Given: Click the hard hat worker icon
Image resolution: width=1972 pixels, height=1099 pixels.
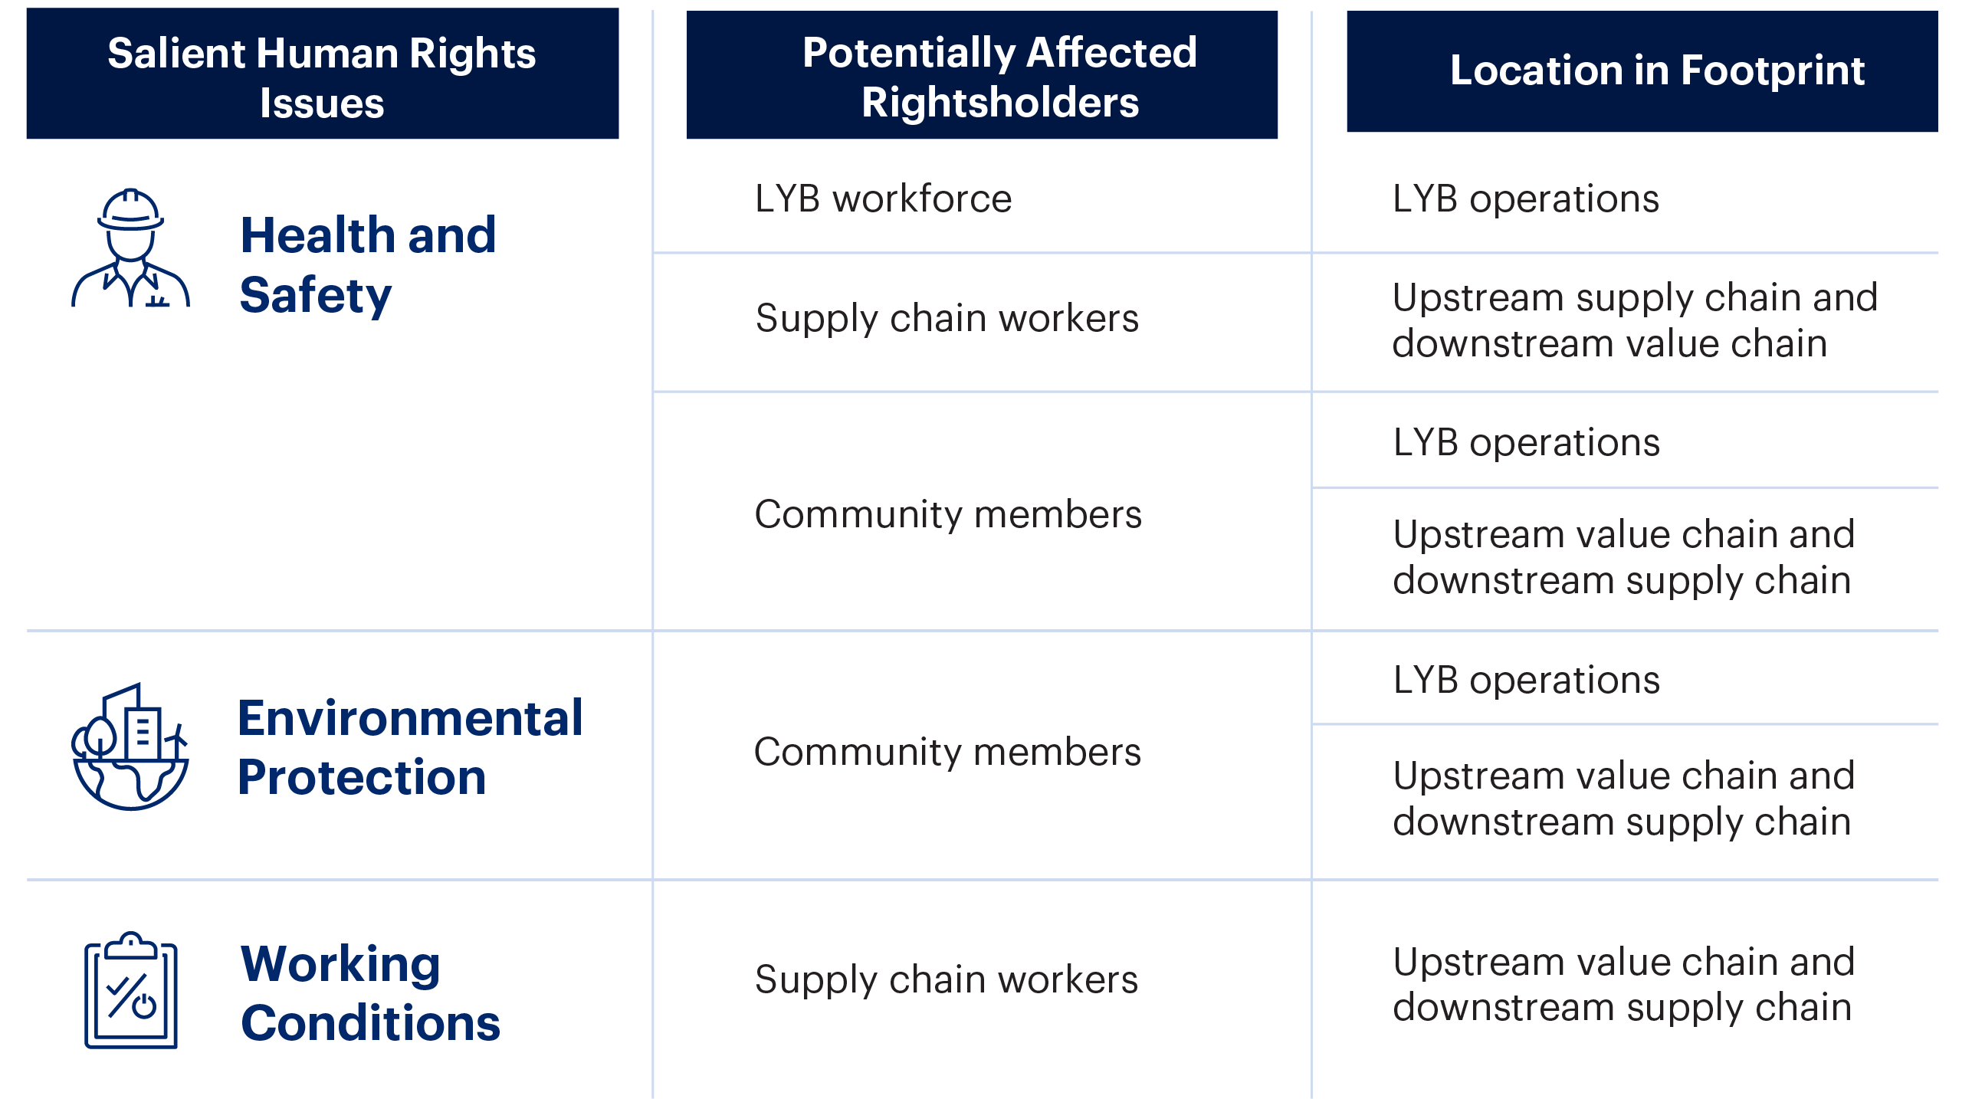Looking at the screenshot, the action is click(130, 248).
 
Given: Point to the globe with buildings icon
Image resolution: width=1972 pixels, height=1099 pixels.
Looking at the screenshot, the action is click(130, 746).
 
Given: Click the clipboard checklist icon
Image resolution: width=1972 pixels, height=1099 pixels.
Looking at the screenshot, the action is click(131, 989).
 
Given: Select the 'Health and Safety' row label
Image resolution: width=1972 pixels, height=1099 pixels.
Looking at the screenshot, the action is click(368, 265).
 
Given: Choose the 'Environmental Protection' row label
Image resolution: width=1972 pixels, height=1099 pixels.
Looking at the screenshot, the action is click(410, 747).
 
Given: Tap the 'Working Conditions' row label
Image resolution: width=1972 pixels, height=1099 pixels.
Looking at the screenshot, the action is click(370, 993).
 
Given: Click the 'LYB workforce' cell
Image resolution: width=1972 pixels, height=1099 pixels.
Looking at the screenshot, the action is click(883, 199).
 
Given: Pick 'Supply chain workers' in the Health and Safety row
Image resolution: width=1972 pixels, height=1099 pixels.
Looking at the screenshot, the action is click(947, 319).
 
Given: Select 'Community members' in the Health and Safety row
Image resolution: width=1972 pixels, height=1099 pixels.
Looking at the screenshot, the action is click(948, 514).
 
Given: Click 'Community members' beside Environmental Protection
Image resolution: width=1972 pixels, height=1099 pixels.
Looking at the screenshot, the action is click(947, 752).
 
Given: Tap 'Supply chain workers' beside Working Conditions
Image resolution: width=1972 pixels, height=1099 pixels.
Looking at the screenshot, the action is click(947, 980).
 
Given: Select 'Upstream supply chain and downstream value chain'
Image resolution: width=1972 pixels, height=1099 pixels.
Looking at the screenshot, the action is click(1635, 320).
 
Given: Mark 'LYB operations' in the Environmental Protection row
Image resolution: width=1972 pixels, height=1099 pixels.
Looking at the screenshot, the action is click(1526, 681).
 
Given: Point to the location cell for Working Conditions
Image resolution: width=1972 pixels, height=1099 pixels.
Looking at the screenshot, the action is click(1623, 985).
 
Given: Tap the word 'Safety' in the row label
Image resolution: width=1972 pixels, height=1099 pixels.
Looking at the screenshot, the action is click(316, 296).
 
